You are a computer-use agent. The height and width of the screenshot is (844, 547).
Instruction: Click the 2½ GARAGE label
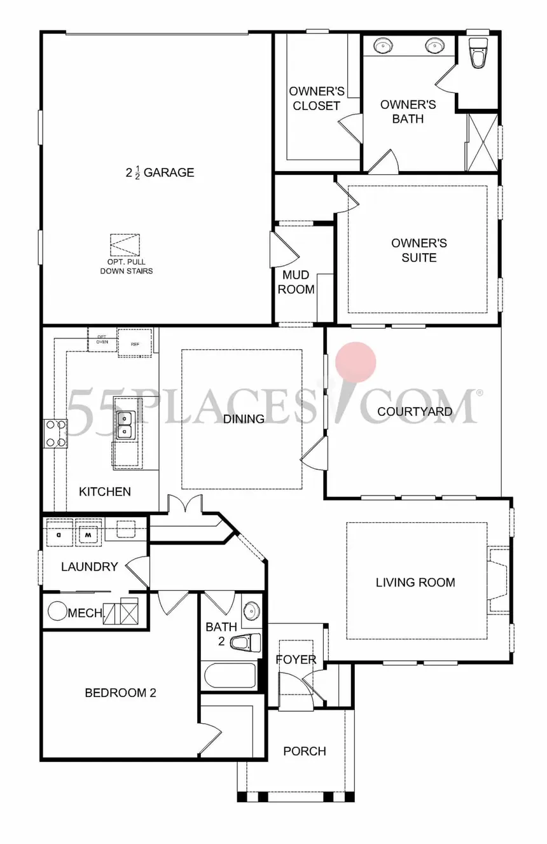pyautogui.click(x=160, y=172)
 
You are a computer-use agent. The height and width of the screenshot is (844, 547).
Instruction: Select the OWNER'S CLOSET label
pyautogui.click(x=316, y=99)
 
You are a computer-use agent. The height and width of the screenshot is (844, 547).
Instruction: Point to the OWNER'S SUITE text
pyautogui.click(x=419, y=250)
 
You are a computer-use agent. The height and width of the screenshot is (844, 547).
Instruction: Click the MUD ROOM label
pyautogui.click(x=296, y=282)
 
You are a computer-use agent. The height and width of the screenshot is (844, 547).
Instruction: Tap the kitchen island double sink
pyautogui.click(x=124, y=425)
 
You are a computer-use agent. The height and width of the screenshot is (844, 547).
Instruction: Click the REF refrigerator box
pyautogui.click(x=135, y=343)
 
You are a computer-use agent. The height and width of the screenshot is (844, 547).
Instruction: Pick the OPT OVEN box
pyautogui.click(x=102, y=340)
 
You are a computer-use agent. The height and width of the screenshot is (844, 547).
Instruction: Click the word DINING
pyautogui.click(x=244, y=419)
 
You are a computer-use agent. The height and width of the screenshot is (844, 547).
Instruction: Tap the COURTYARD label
pyautogui.click(x=415, y=412)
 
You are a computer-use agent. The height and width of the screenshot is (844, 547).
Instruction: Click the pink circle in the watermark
pyautogui.click(x=356, y=362)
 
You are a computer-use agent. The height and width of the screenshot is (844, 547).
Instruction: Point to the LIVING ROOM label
pyautogui.click(x=415, y=582)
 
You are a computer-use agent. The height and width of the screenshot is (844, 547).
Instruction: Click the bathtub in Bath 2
pyautogui.click(x=229, y=675)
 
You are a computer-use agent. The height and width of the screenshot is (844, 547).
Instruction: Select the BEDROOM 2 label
pyautogui.click(x=120, y=693)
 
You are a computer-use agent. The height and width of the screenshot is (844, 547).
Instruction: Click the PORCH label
pyautogui.click(x=305, y=751)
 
